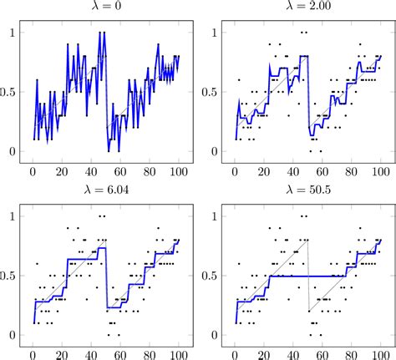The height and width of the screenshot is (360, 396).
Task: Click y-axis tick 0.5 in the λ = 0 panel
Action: pyautogui.click(x=9, y=92)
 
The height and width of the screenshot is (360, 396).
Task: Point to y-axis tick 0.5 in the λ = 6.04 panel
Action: pyautogui.click(x=9, y=276)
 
